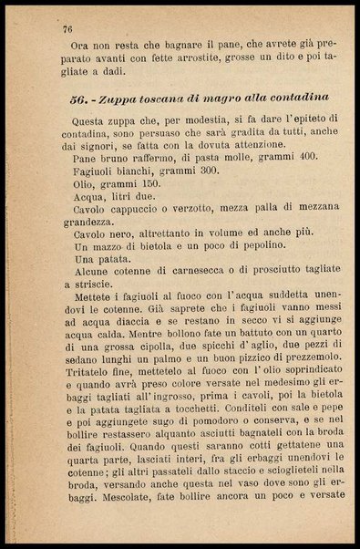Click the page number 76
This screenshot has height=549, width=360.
point(67,30)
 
